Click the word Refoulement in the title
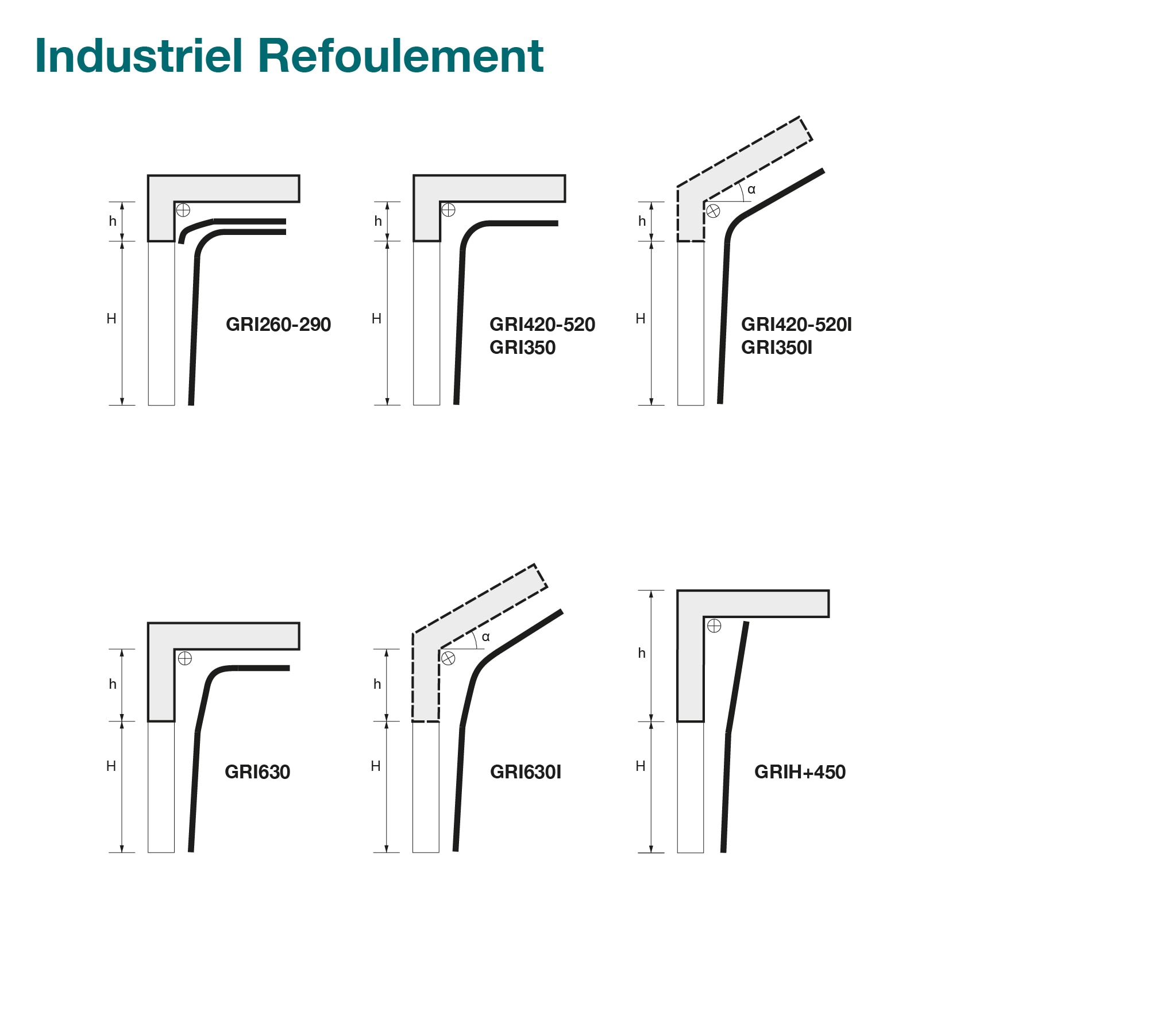[x=400, y=56]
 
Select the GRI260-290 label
[x=278, y=325]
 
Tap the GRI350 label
[x=522, y=348]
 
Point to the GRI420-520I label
[x=796, y=325]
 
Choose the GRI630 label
[x=257, y=771]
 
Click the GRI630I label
[x=525, y=771]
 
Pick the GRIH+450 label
[x=800, y=771]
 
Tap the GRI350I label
[x=776, y=348]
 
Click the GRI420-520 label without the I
[x=542, y=325]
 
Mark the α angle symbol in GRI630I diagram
[x=486, y=636]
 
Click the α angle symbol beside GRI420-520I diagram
[x=751, y=190]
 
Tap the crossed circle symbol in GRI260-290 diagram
[x=183, y=210]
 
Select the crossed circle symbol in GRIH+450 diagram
[x=714, y=626]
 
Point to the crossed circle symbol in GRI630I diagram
[x=448, y=658]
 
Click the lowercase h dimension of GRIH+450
[x=642, y=653]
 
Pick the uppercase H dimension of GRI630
[x=111, y=766]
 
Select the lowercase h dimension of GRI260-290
[x=113, y=221]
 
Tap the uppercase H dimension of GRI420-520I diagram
[x=641, y=319]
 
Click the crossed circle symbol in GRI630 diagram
[x=184, y=658]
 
